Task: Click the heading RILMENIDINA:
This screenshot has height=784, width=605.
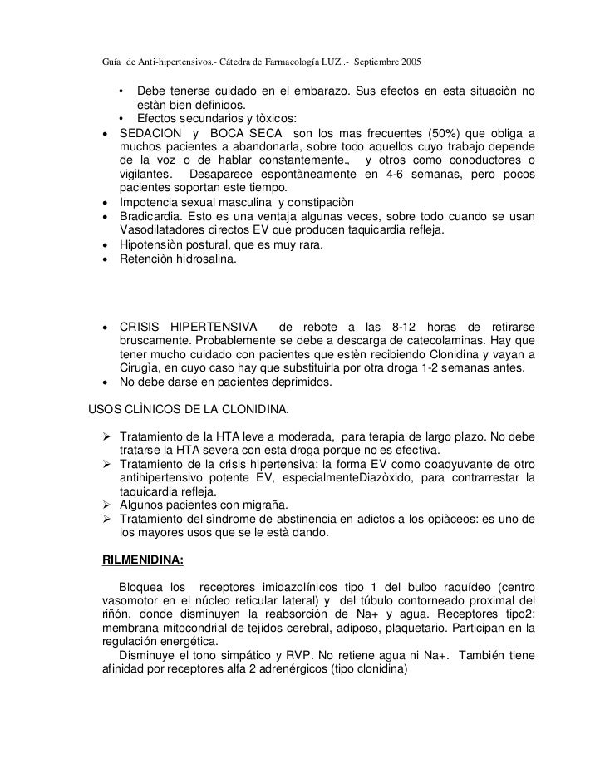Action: point(144,560)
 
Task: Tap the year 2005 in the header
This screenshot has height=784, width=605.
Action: point(408,62)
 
